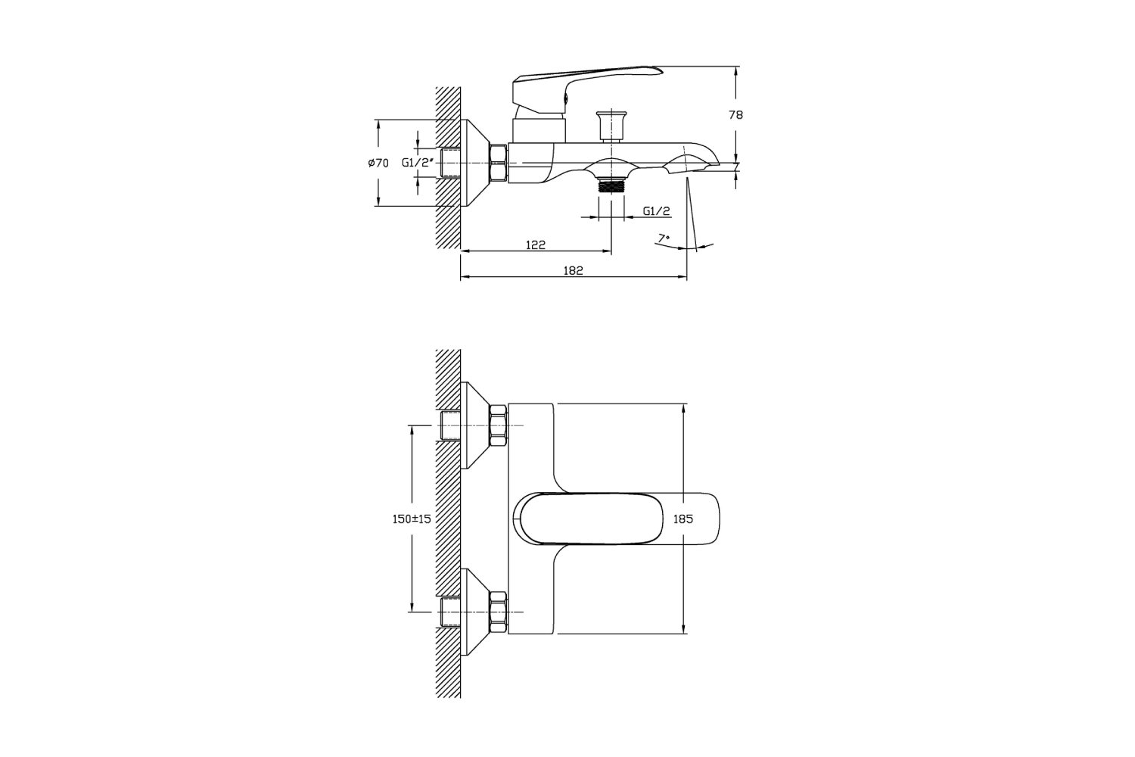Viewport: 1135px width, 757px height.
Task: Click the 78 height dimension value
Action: coord(735,115)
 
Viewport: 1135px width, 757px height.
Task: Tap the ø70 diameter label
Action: coord(378,163)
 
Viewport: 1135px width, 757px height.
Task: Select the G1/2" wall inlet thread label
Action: coord(418,163)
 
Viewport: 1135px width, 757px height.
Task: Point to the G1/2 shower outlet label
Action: coord(657,211)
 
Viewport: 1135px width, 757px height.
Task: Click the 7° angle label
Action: coord(664,238)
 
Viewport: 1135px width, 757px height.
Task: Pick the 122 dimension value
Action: coord(536,245)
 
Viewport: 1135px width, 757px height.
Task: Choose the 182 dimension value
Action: coord(573,271)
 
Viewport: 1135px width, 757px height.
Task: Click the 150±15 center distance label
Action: coord(412,519)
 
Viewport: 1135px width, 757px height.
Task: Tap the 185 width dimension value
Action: coord(683,519)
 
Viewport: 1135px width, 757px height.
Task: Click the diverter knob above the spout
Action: coord(611,125)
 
